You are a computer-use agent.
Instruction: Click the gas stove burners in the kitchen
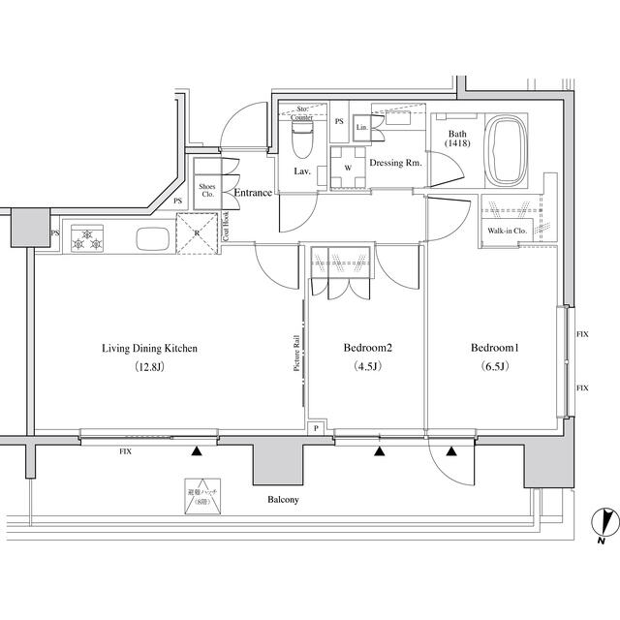point(87,238)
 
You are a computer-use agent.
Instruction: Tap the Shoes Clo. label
point(206,188)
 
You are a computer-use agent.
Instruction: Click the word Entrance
point(252,193)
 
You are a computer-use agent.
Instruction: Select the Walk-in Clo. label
point(506,232)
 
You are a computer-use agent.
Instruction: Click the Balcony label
point(284,501)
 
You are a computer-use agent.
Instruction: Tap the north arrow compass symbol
point(604,524)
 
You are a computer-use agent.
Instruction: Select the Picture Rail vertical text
point(296,354)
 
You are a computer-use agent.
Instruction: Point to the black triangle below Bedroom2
point(379,451)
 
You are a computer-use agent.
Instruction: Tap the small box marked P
point(315,428)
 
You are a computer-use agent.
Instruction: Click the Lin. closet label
point(361,127)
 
